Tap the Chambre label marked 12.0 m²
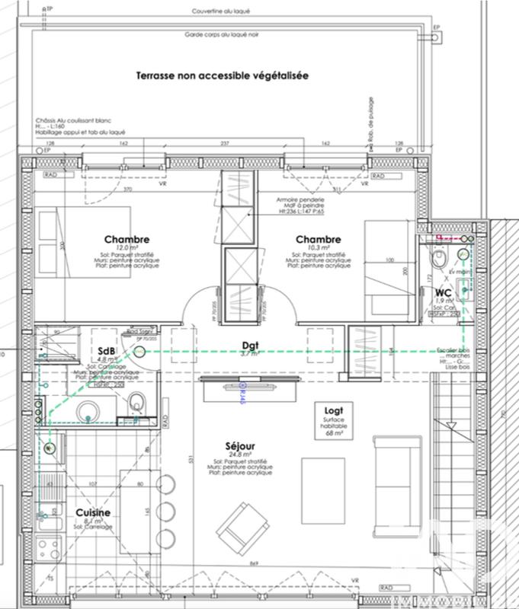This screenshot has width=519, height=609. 127,239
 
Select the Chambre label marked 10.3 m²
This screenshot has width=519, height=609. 318,239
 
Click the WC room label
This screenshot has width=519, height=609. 444,293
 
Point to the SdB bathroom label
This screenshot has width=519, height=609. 107,351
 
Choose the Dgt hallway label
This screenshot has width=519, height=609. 251,344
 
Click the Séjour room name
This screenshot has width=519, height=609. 239,445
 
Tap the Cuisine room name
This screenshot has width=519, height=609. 93,513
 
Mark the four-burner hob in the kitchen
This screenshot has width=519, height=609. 49,548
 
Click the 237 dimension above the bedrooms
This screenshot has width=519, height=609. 225,143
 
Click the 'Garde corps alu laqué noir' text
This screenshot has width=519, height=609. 221,35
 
